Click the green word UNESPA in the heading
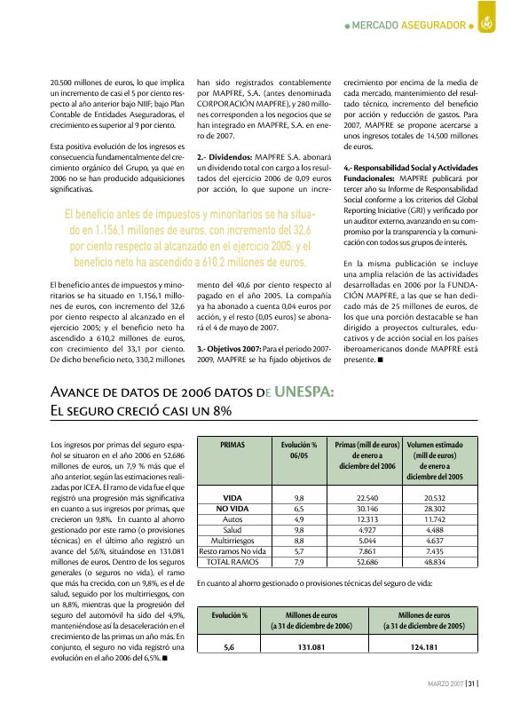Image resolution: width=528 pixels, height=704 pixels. pos(294,393)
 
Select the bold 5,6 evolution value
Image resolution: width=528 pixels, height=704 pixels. pos(228,648)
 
